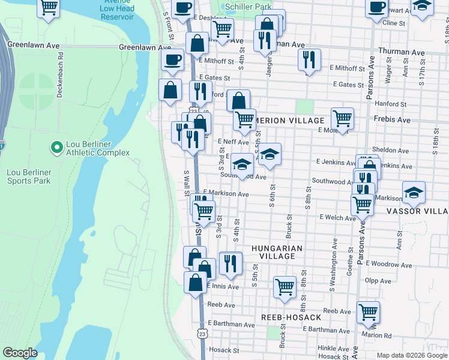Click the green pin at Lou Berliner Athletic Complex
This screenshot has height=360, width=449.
(56, 147)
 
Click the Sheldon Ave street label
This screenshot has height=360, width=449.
(390, 150)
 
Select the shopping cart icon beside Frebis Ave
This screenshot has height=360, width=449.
(342, 118)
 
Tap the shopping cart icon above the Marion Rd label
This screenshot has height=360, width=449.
(368, 311)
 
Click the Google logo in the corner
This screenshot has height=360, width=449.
(20, 353)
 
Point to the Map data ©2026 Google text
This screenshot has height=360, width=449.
(411, 355)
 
